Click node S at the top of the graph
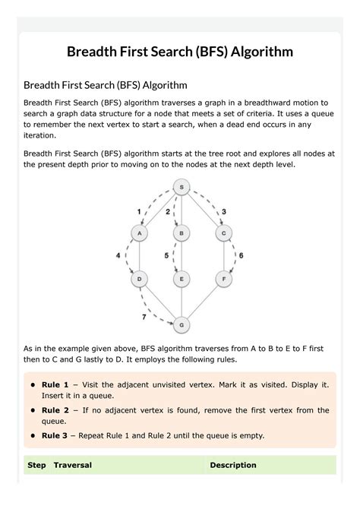point(181,186)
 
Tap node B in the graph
point(181,233)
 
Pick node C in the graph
point(223,233)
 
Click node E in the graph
point(181,280)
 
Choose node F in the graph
point(223,280)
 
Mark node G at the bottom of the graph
point(181,325)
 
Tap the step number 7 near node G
point(144,315)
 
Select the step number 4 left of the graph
point(118,256)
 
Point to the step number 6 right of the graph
point(241,256)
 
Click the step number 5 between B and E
point(166,256)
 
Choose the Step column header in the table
point(36,465)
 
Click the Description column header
point(233,465)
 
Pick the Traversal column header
point(73,465)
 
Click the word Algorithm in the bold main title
point(255,52)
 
